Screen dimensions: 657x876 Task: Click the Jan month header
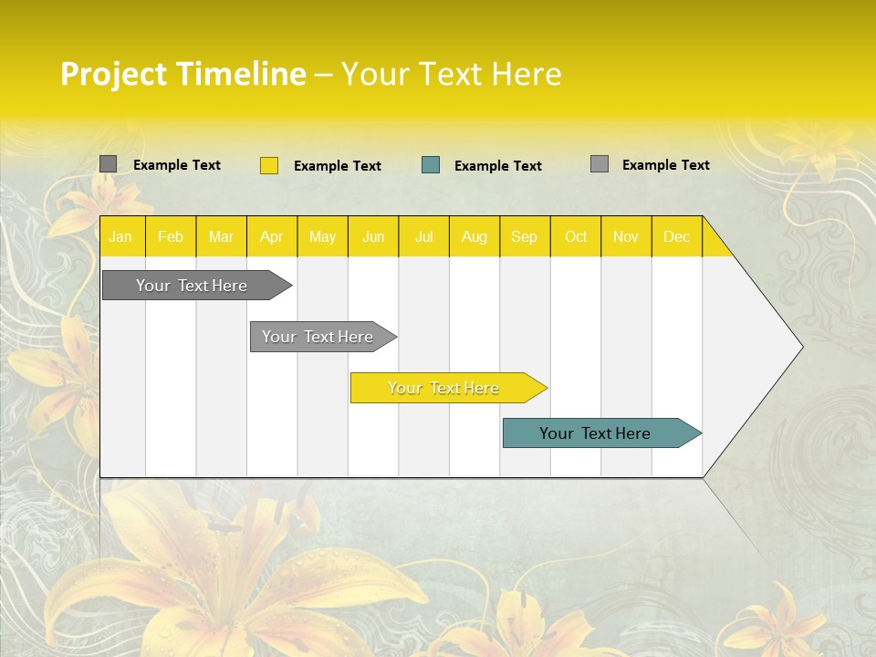pyautogui.click(x=120, y=236)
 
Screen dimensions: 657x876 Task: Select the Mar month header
pyautogui.click(x=221, y=236)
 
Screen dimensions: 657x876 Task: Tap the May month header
pyautogui.click(x=322, y=236)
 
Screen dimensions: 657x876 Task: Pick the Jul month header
pyautogui.click(x=423, y=236)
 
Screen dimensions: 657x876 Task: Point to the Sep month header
pyautogui.click(x=524, y=236)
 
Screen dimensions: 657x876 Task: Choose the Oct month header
pyautogui.click(x=576, y=236)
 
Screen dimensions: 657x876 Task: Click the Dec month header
pyautogui.click(x=676, y=236)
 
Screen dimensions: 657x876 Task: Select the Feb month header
pyautogui.click(x=171, y=236)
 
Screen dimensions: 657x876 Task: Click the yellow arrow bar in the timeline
pyautogui.click(x=444, y=388)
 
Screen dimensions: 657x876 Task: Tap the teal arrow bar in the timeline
pyautogui.click(x=596, y=433)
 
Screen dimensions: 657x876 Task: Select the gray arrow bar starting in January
pyautogui.click(x=193, y=286)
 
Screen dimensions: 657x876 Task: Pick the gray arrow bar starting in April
pyautogui.click(x=318, y=337)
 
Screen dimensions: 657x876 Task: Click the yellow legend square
pyautogui.click(x=269, y=165)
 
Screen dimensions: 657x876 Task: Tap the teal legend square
pyautogui.click(x=431, y=165)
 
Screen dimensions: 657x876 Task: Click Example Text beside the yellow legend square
pyautogui.click(x=338, y=166)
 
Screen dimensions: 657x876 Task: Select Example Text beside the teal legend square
pyautogui.click(x=498, y=166)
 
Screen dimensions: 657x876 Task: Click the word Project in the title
pyautogui.click(x=113, y=73)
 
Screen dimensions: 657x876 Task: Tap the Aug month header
pyautogui.click(x=474, y=236)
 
